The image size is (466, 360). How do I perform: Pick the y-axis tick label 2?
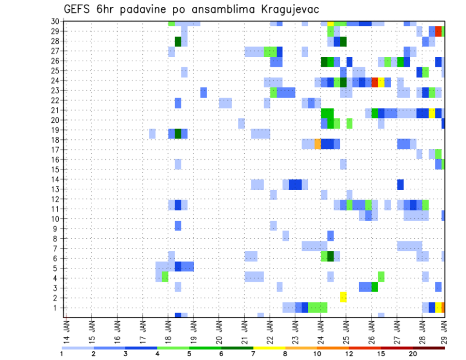click(56, 298)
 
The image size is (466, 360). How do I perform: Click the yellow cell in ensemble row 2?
click(343, 297)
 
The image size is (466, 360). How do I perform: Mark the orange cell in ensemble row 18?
click(317, 144)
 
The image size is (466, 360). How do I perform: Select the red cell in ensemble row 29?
click(438, 31)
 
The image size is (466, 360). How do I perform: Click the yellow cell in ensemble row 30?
click(330, 23)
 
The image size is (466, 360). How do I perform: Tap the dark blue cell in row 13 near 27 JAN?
click(400, 184)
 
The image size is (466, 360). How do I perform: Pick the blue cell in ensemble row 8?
click(330, 236)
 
